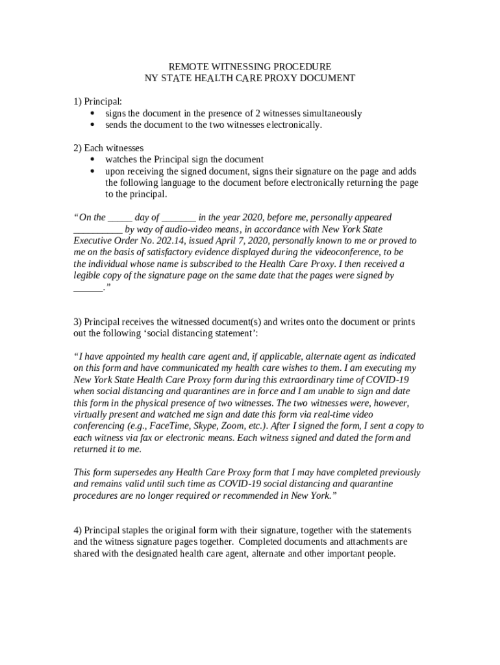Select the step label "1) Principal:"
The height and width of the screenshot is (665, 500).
click(97, 101)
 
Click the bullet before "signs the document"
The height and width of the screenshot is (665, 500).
click(92, 114)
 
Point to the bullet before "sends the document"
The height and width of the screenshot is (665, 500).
click(92, 125)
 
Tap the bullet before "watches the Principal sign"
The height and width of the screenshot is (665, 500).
click(92, 160)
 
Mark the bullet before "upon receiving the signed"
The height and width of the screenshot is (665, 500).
click(92, 171)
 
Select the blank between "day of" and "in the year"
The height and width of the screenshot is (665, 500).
click(179, 218)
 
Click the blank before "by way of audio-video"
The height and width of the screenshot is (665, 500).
click(97, 230)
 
